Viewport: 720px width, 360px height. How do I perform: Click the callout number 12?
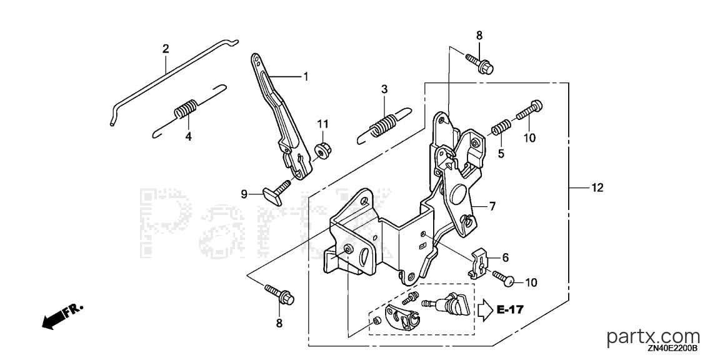tap(597, 187)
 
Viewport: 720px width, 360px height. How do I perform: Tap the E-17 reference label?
tap(510, 309)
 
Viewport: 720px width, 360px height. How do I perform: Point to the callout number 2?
tap(166, 48)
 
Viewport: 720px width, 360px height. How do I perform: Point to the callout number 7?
tap(492, 207)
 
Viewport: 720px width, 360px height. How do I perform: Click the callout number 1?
tap(305, 76)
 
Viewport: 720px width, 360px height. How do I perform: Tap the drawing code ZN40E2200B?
tap(673, 349)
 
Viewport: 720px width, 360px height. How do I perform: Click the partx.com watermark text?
tap(653, 337)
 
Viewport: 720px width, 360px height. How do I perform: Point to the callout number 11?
tap(322, 124)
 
